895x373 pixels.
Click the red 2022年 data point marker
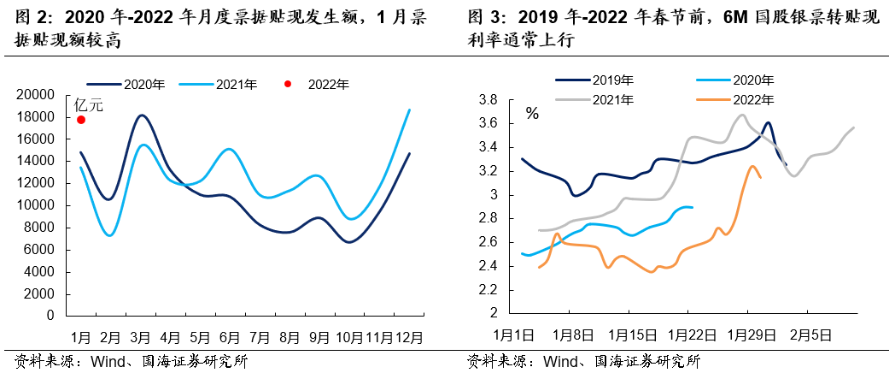[81, 120]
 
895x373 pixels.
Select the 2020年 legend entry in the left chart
[143, 84]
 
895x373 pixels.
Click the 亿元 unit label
[88, 104]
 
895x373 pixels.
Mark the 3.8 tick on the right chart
[488, 100]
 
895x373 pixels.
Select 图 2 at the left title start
[29, 17]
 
